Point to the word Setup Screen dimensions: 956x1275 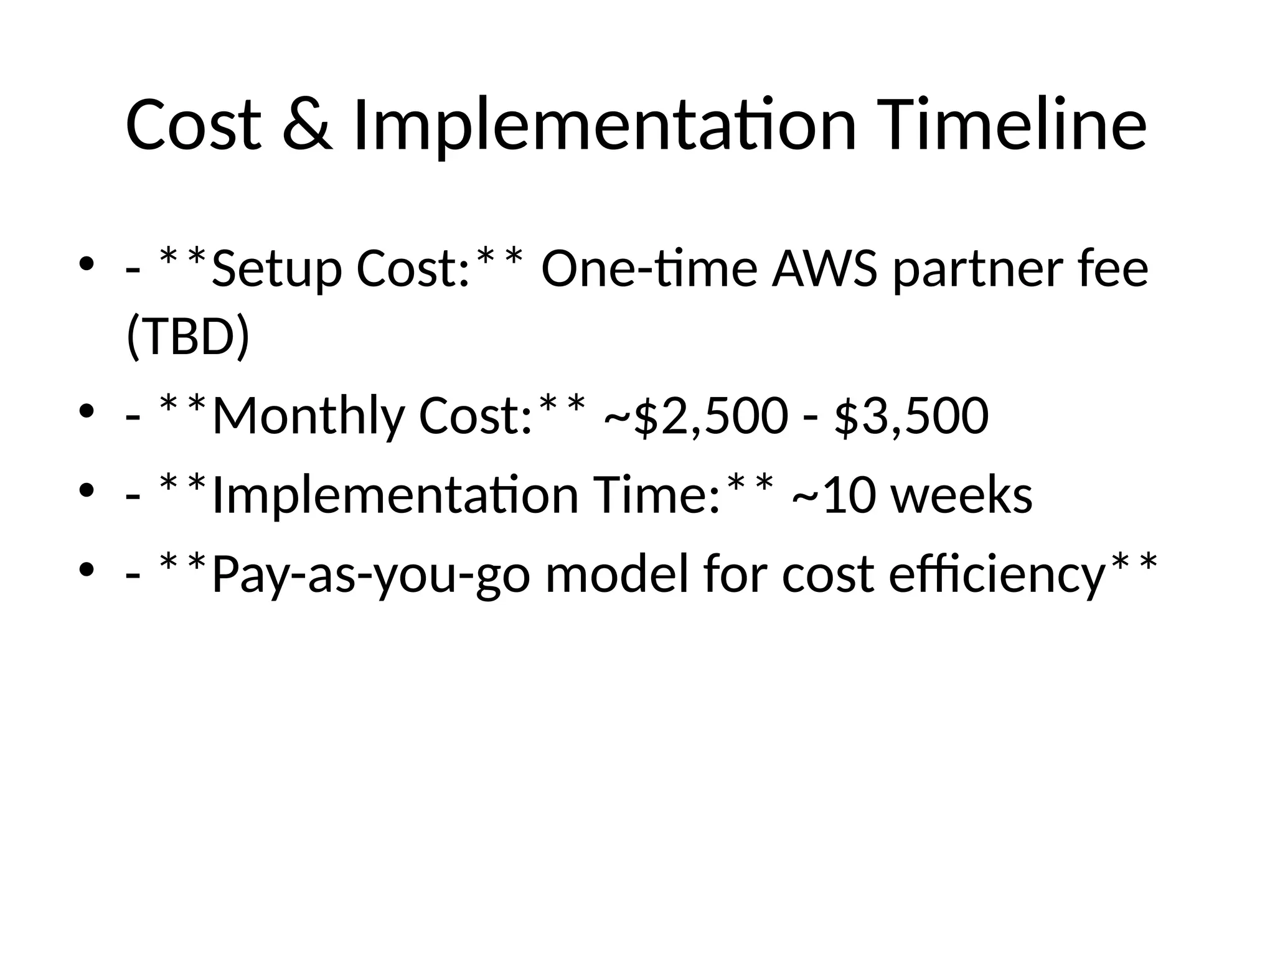pos(277,269)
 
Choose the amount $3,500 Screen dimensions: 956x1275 pos(911,416)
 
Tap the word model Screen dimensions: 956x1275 pos(619,574)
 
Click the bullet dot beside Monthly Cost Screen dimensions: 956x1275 pos(87,411)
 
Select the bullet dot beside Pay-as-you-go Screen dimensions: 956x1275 pos(87,569)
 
